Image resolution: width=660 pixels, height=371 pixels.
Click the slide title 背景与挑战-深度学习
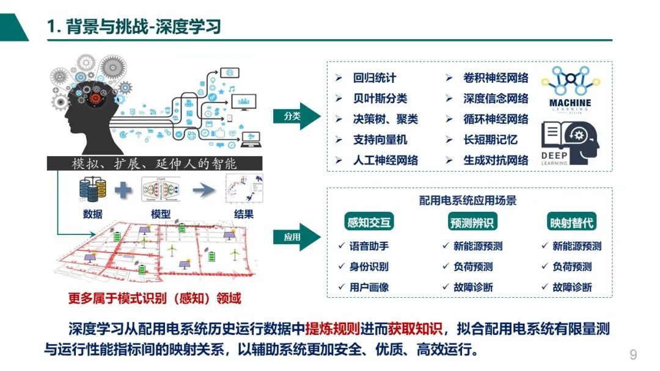tap(134, 27)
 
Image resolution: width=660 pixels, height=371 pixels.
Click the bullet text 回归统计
tap(374, 78)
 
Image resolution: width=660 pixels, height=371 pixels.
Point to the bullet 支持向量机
tap(380, 140)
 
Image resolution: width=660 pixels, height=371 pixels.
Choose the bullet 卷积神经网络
tap(495, 78)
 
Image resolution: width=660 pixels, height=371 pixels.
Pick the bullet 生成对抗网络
tap(495, 160)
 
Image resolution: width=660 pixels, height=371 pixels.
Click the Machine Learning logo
tap(570, 88)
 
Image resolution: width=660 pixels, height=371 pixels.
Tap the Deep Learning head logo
tap(570, 143)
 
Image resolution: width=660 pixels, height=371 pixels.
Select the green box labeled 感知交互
tap(369, 223)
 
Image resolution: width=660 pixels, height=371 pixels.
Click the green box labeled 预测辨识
tap(471, 223)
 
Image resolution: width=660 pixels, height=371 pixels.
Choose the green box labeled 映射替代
tap(571, 223)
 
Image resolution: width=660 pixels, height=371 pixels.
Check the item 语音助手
tap(369, 247)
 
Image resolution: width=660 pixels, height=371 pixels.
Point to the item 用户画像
tap(369, 287)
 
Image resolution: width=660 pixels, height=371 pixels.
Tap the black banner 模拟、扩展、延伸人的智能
tap(154, 164)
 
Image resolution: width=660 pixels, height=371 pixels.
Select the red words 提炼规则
tap(332, 330)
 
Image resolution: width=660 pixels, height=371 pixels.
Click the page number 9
tap(633, 355)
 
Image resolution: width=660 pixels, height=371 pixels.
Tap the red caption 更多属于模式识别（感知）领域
tap(154, 298)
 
